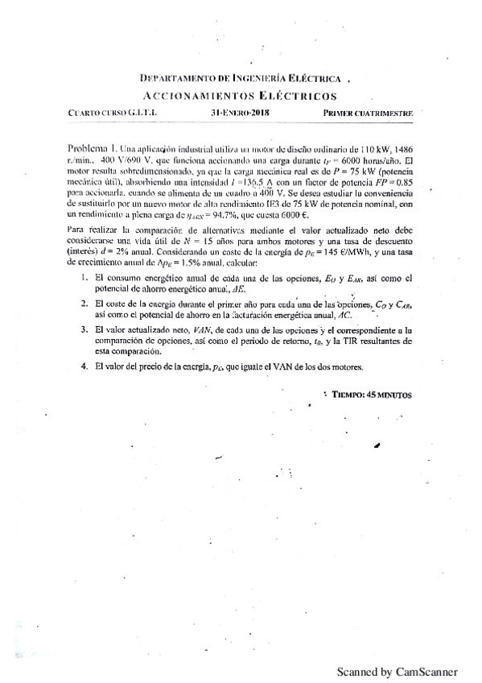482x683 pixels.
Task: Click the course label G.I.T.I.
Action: pyautogui.click(x=142, y=114)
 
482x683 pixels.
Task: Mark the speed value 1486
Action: pyautogui.click(x=400, y=150)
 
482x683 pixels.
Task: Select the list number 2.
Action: pyautogui.click(x=84, y=304)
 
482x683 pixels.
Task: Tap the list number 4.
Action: pyautogui.click(x=84, y=366)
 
